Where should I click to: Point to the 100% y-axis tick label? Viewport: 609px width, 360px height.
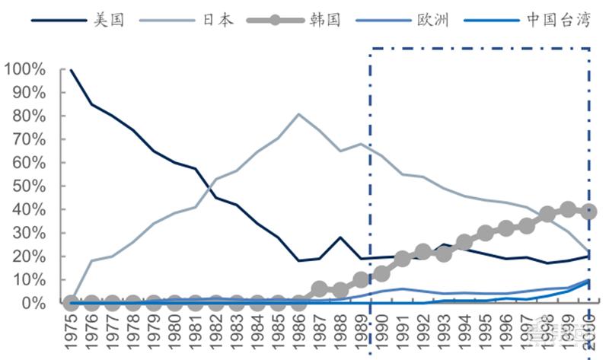25,69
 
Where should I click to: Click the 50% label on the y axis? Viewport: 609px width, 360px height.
30,186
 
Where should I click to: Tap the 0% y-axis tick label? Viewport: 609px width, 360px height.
34,303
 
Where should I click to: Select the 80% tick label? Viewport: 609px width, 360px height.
30,116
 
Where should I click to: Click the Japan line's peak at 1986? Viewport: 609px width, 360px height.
298,114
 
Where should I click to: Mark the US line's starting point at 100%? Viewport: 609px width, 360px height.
71,70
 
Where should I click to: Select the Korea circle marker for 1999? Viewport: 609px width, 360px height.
568,209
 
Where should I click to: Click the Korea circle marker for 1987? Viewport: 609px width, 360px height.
320,289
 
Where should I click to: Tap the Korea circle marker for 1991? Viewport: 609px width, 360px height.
403,259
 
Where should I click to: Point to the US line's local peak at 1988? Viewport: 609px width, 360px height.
340,237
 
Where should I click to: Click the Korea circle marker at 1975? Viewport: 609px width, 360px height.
71,303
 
